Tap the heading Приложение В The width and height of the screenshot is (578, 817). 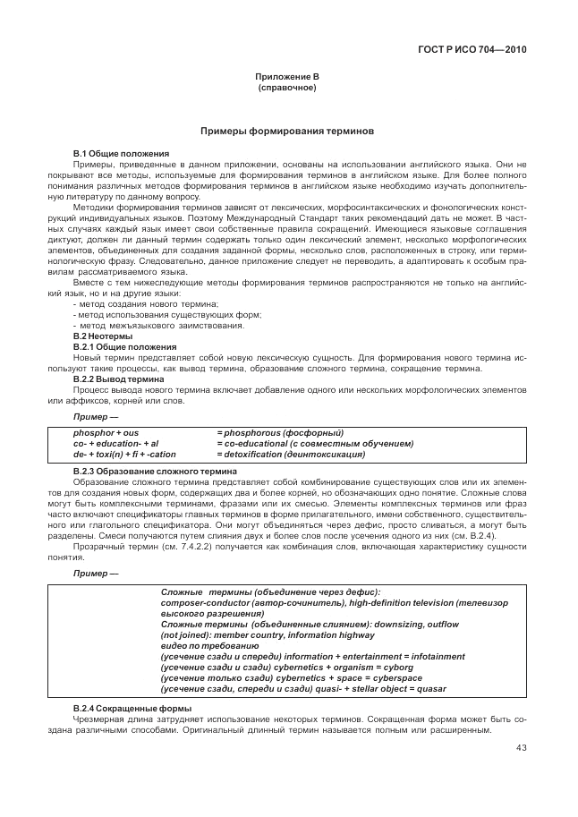click(x=287, y=79)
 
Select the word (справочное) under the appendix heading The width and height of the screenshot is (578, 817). click(x=287, y=89)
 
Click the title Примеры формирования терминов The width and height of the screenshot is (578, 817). click(x=287, y=131)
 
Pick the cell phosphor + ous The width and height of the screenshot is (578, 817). click(x=99, y=432)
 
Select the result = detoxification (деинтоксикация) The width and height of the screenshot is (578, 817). click(x=291, y=454)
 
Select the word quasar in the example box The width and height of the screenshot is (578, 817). click(x=427, y=689)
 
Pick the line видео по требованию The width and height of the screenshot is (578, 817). click(x=201, y=645)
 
